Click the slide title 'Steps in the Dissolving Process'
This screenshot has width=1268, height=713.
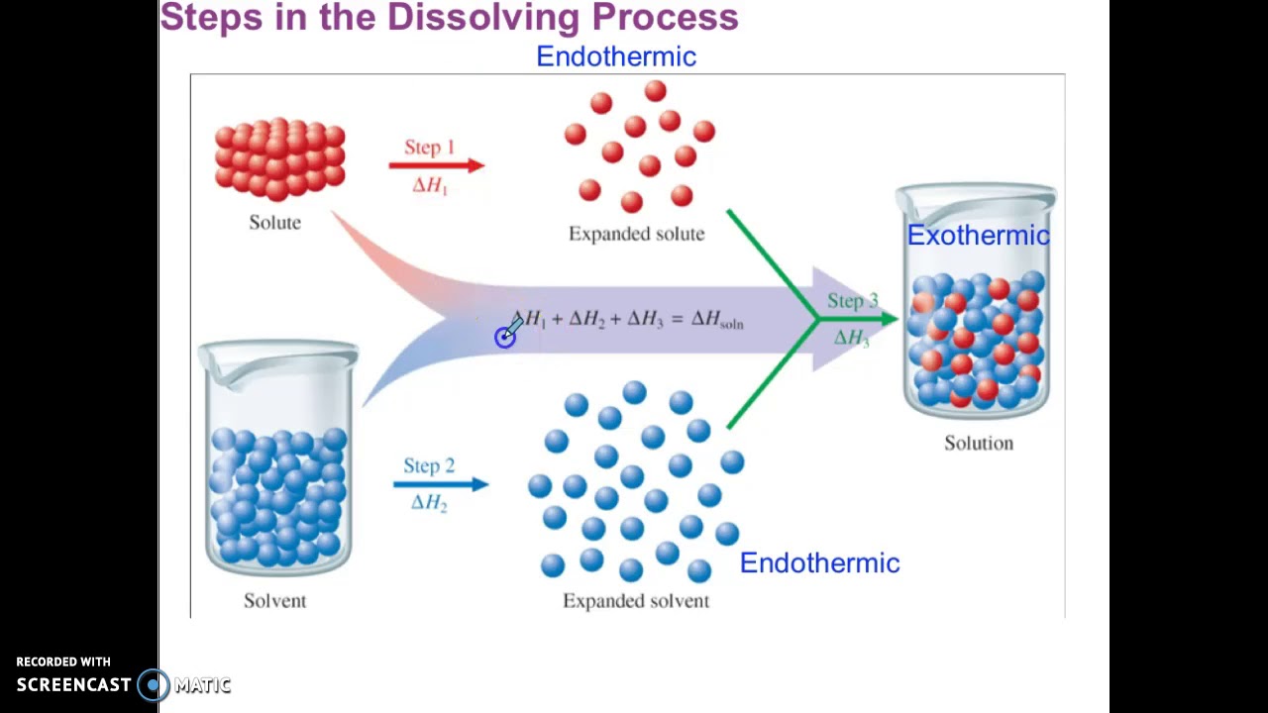pos(449,17)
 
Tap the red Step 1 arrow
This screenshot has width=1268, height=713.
pos(436,165)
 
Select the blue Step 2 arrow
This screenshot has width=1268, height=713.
pos(440,484)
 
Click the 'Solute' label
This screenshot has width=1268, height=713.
pos(274,223)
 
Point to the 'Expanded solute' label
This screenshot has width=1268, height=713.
pos(636,234)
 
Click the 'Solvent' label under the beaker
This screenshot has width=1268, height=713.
pos(274,601)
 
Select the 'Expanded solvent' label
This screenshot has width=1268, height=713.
pos(636,601)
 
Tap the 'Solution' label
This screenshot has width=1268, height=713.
pos(978,444)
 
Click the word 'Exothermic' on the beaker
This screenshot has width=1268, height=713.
pos(978,236)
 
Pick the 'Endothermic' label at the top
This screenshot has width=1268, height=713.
pos(615,57)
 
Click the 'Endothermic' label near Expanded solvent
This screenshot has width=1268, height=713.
pos(819,563)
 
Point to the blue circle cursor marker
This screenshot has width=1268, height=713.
pos(505,338)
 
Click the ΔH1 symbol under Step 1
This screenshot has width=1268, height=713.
pos(430,186)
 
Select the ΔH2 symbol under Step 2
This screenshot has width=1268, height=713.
pos(429,503)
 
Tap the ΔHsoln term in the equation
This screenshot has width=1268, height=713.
pos(716,320)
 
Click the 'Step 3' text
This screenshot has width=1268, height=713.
pos(852,301)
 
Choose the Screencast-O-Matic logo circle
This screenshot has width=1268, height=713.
pos(154,684)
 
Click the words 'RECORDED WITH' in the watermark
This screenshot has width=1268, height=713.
pos(63,662)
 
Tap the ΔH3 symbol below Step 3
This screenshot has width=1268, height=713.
pos(851,339)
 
